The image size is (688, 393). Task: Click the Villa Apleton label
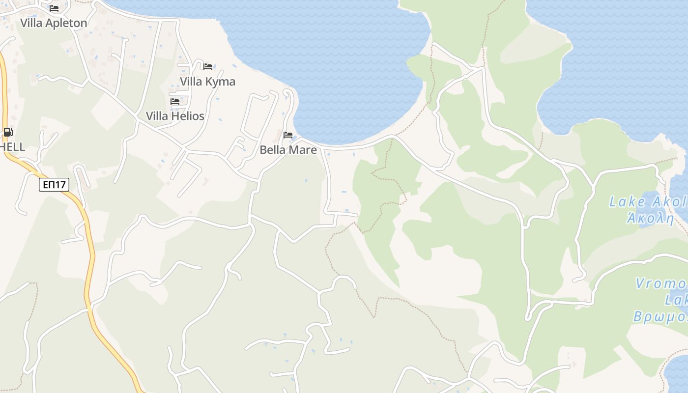tap(54, 23)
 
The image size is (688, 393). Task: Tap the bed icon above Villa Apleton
tap(54, 8)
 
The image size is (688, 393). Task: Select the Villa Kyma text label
tap(207, 82)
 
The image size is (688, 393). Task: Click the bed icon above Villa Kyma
tap(208, 67)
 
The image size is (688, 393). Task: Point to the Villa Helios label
tap(175, 116)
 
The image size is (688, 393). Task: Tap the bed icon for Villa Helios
tap(175, 102)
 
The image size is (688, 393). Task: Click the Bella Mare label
tap(288, 150)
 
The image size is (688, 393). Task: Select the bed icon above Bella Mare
tap(288, 135)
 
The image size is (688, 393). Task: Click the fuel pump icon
tap(8, 132)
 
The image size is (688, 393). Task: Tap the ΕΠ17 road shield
tap(54, 185)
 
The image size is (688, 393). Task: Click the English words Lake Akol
tap(647, 202)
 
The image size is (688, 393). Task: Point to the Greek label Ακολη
tap(650, 218)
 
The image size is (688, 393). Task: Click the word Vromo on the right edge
tap(661, 283)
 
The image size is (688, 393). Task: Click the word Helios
tap(188, 116)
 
